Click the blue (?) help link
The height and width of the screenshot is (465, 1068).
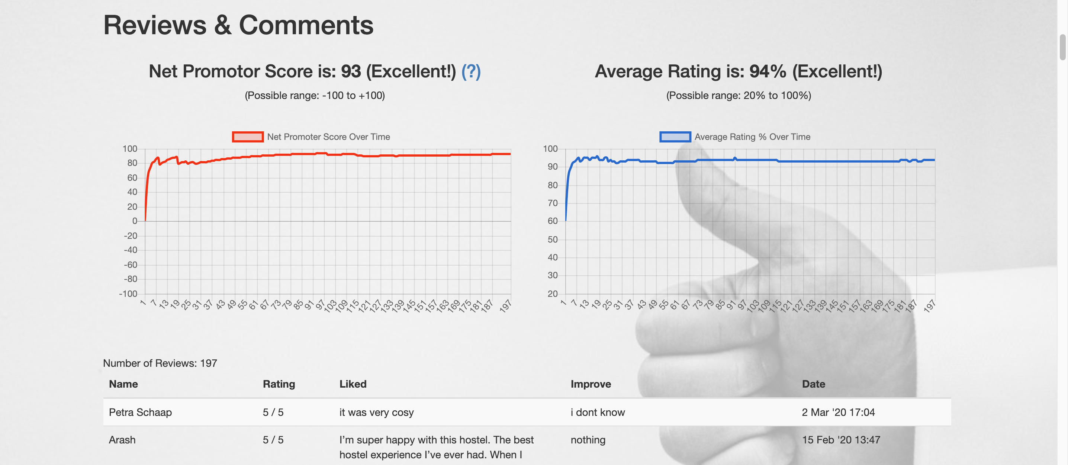click(x=471, y=71)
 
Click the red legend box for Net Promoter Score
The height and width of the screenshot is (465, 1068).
click(x=248, y=137)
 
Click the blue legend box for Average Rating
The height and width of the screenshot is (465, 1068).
click(x=675, y=137)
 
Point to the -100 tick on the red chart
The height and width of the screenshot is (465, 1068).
click(x=128, y=294)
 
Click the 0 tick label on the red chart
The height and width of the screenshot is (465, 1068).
click(x=134, y=221)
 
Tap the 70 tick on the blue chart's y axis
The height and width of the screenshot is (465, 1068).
click(x=552, y=203)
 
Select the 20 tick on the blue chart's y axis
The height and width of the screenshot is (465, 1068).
click(x=552, y=294)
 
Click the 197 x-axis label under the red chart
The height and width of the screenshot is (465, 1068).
click(x=505, y=306)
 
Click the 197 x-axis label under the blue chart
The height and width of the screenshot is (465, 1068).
click(x=930, y=306)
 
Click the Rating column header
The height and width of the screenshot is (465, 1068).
click(x=279, y=384)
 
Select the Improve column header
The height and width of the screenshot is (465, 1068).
click(x=591, y=384)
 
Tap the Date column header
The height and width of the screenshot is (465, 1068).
click(x=813, y=384)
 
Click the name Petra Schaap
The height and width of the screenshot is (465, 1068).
click(x=140, y=412)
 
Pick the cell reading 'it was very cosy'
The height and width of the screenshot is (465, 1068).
click(x=376, y=412)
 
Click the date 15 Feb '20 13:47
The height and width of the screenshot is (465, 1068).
click(x=840, y=440)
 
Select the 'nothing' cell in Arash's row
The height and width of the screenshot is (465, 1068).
click(x=588, y=440)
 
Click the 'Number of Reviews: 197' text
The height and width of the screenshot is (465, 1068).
click(x=160, y=363)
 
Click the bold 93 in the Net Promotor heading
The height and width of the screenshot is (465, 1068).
click(x=351, y=71)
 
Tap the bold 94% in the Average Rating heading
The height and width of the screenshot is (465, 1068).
click(x=768, y=71)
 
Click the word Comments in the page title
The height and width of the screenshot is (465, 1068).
click(x=306, y=25)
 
